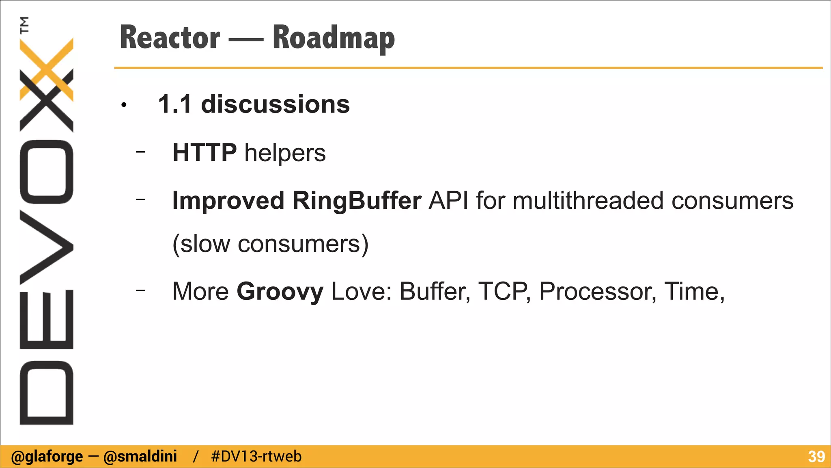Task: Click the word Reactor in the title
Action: click(x=170, y=37)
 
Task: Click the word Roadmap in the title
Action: click(x=334, y=38)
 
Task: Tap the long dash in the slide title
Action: click(x=246, y=40)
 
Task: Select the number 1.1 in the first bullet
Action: click(x=174, y=104)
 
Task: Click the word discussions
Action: click(x=275, y=104)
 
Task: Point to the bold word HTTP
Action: click(x=205, y=153)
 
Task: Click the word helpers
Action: click(x=285, y=154)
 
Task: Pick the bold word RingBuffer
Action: click(x=357, y=201)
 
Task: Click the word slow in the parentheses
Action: click(x=205, y=244)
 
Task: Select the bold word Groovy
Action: click(x=280, y=292)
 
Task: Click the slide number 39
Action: click(x=816, y=457)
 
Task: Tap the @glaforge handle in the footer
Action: click(x=47, y=457)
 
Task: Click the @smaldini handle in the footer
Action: click(x=140, y=457)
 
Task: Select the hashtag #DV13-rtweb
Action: click(x=256, y=457)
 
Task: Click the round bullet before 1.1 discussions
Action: click(x=124, y=106)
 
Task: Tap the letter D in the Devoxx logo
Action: click(x=46, y=392)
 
